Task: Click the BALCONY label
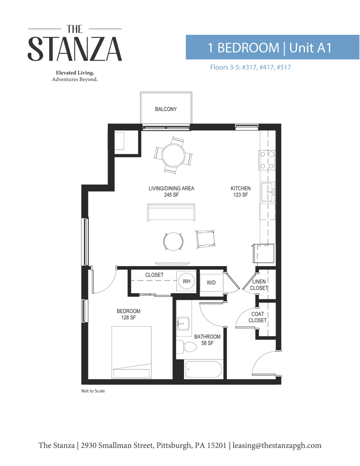click(x=166, y=109)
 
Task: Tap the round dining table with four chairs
click(x=173, y=155)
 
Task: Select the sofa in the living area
click(x=170, y=213)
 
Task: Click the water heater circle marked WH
click(x=186, y=281)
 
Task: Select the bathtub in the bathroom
click(x=203, y=370)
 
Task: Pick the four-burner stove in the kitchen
click(x=267, y=160)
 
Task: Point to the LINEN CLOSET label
click(x=259, y=285)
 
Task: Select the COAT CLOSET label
click(x=257, y=317)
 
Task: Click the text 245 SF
click(x=171, y=195)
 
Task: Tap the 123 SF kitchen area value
click(x=240, y=195)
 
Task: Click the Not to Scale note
click(x=93, y=391)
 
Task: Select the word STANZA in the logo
click(x=75, y=49)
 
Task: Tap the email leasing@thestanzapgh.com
click(x=277, y=445)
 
